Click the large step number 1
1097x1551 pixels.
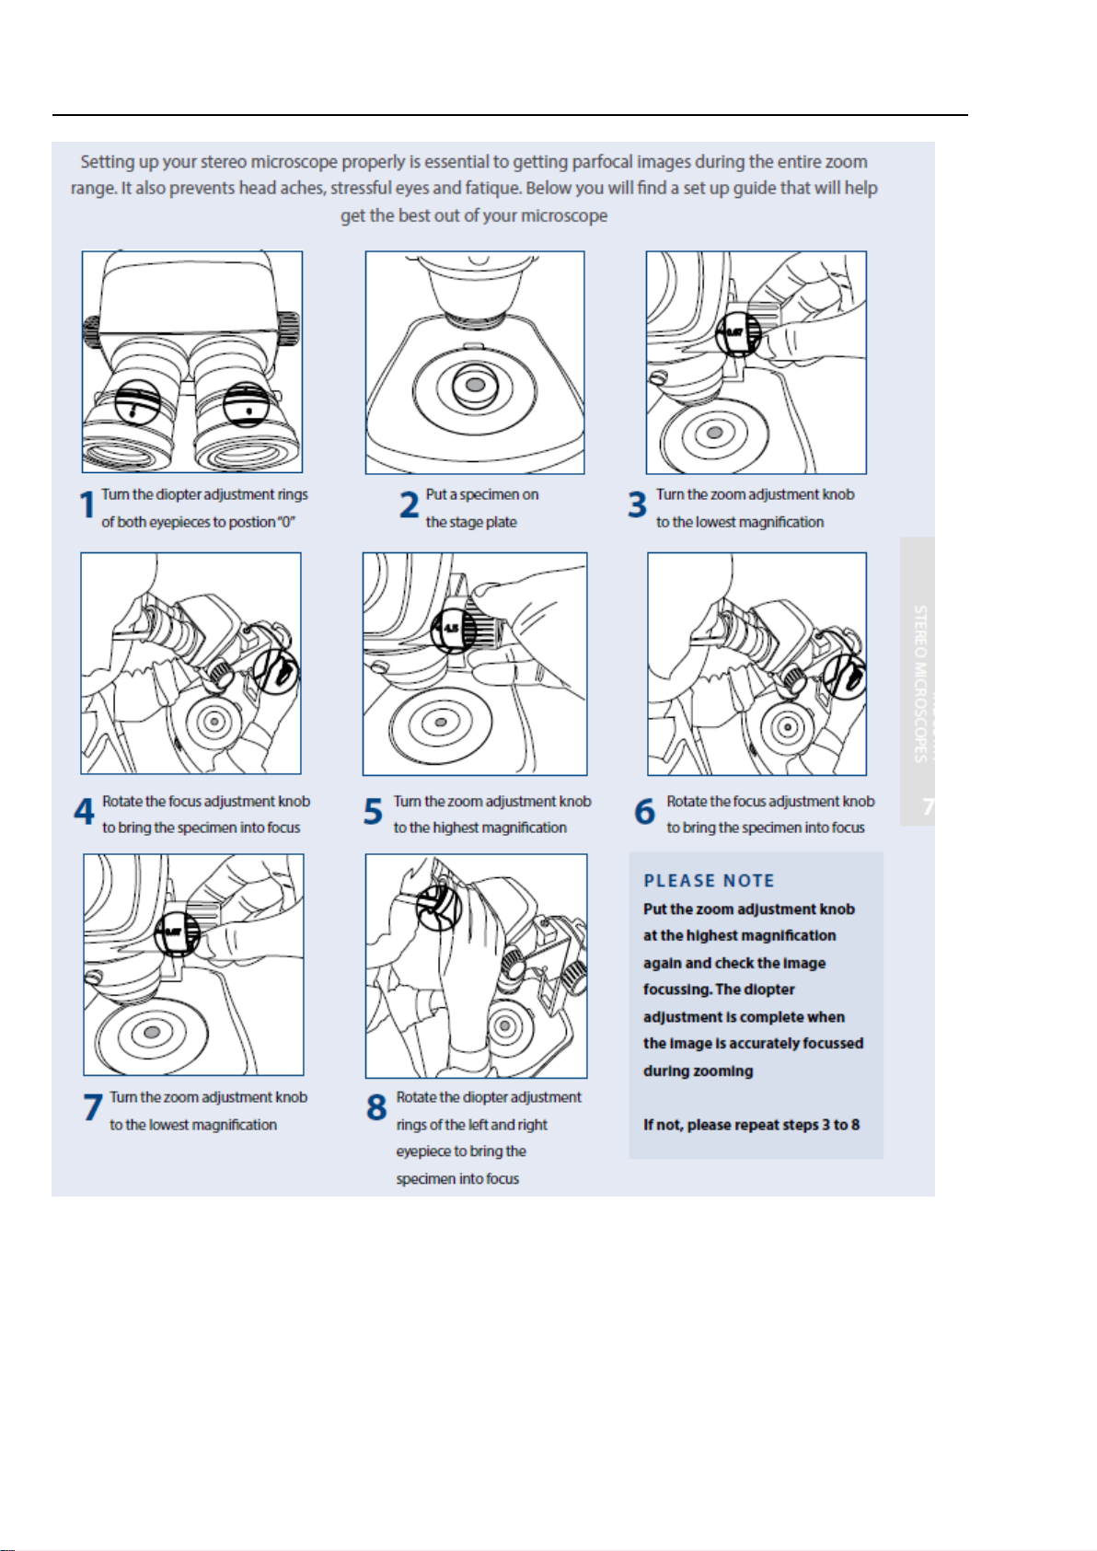(x=87, y=505)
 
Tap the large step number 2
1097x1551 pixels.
(x=410, y=505)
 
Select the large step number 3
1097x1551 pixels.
(x=637, y=505)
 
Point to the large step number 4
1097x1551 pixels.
(x=84, y=812)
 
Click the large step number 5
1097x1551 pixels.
(x=373, y=812)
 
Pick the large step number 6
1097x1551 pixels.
(x=644, y=812)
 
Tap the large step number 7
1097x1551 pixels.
(x=92, y=1107)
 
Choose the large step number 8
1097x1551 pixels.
(x=376, y=1107)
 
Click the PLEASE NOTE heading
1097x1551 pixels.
(x=709, y=881)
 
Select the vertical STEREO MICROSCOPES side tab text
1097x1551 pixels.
(x=919, y=683)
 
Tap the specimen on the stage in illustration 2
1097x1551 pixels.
(x=475, y=384)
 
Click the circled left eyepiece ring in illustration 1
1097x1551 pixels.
(x=137, y=402)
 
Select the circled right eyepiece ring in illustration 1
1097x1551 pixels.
(x=247, y=403)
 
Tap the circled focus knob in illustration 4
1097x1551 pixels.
(x=277, y=670)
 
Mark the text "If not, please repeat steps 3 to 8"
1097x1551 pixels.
(x=751, y=1125)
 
